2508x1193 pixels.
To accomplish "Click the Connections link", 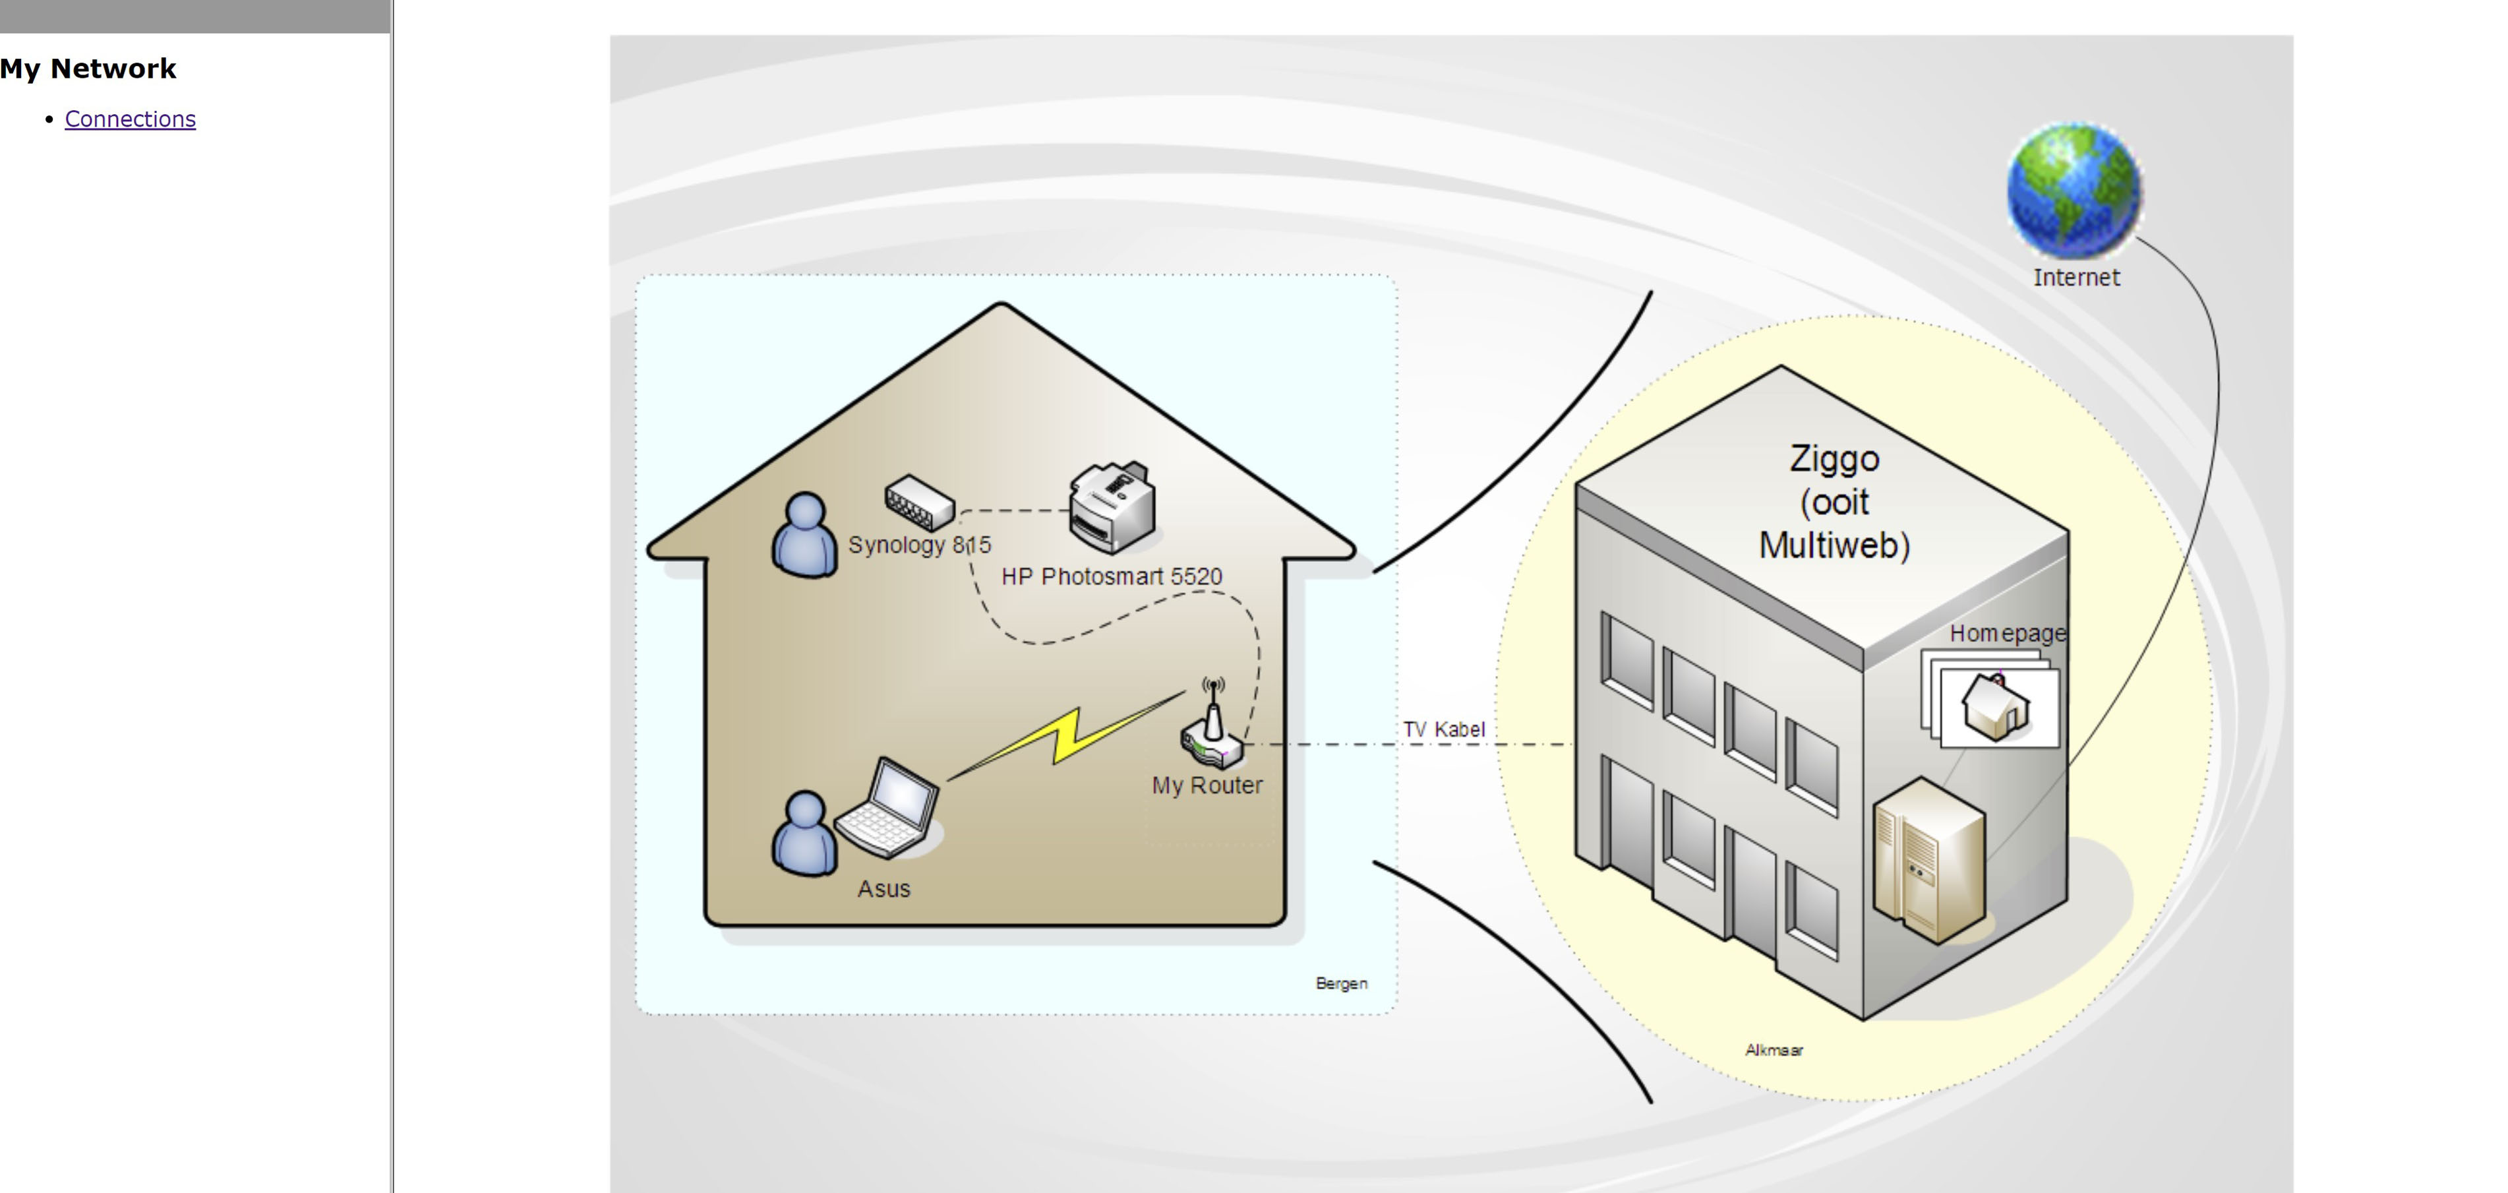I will tap(129, 119).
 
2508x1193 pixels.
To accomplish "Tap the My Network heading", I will tap(88, 68).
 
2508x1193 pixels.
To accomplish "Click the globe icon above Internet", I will tap(2074, 190).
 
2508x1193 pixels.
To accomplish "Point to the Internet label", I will tap(2075, 278).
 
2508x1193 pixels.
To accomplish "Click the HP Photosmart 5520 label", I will tap(1111, 576).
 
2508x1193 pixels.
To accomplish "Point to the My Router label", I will tap(1207, 785).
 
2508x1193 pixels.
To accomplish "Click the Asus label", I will tap(883, 889).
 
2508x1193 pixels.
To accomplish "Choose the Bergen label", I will tap(1340, 984).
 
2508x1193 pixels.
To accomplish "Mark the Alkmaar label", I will tap(1773, 1050).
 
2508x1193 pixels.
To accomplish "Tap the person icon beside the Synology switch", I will tap(804, 535).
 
